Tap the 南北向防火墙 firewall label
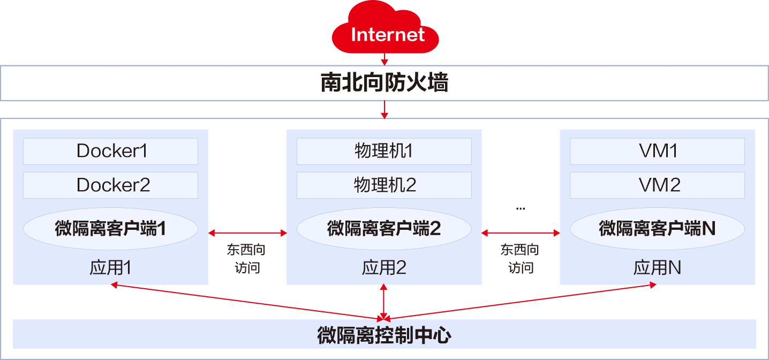384,83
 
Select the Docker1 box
110,151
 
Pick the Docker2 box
110,185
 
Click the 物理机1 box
384,151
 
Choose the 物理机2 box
384,185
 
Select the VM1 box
657,151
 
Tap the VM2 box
657,185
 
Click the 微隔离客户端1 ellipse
110,229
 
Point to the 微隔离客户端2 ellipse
384,229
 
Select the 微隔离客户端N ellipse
657,229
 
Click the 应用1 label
110,267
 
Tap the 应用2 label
384,267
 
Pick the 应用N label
657,267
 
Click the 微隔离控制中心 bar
384,335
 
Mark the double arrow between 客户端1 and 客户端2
247,233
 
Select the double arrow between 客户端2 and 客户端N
521,233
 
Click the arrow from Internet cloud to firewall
384,59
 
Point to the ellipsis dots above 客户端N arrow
521,208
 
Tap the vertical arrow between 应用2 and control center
384,302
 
